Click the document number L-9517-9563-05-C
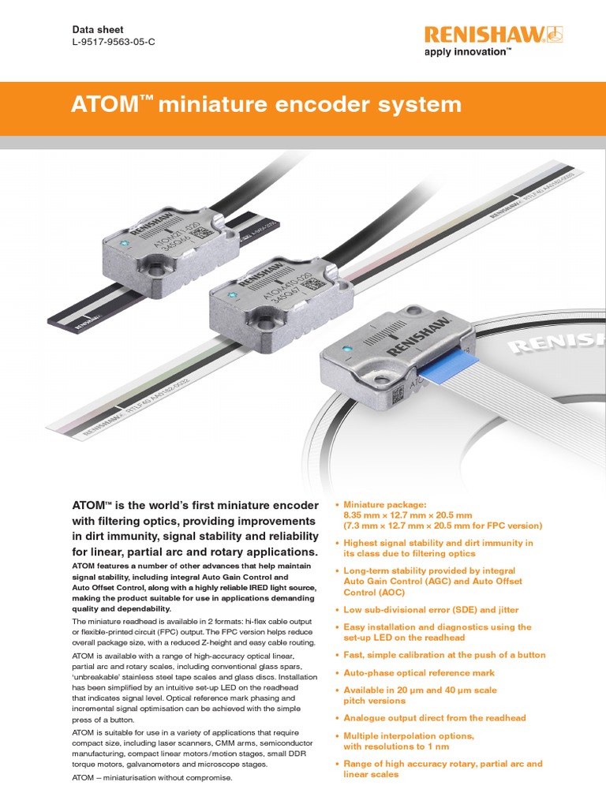pyautogui.click(x=114, y=42)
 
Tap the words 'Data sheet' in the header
pyautogui.click(x=97, y=28)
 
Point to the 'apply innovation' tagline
pyautogui.click(x=468, y=52)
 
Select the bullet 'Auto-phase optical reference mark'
pyautogui.click(x=420, y=673)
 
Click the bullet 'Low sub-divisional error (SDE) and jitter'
pyautogui.click(x=432, y=610)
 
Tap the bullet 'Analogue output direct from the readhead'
pyautogui.click(x=435, y=718)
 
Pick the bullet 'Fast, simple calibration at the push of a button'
pyautogui.click(x=444, y=655)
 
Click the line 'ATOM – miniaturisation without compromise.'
pyautogui.click(x=152, y=778)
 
